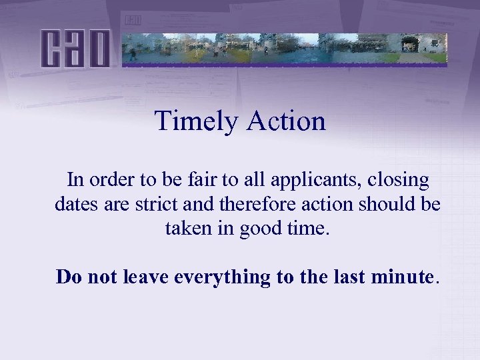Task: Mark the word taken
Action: click(186, 229)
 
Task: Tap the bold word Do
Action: click(67, 276)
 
